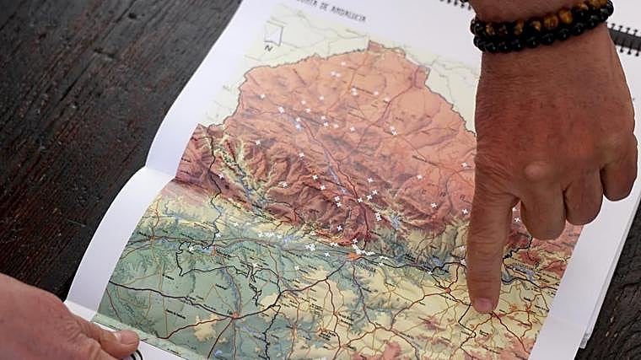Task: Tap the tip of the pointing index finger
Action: [483, 304]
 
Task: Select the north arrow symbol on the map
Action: [272, 34]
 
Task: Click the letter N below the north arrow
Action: [268, 47]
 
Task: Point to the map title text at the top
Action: [338, 14]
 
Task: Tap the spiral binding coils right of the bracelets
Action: [625, 37]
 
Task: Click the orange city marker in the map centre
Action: [352, 256]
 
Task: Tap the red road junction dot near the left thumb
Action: [234, 315]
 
